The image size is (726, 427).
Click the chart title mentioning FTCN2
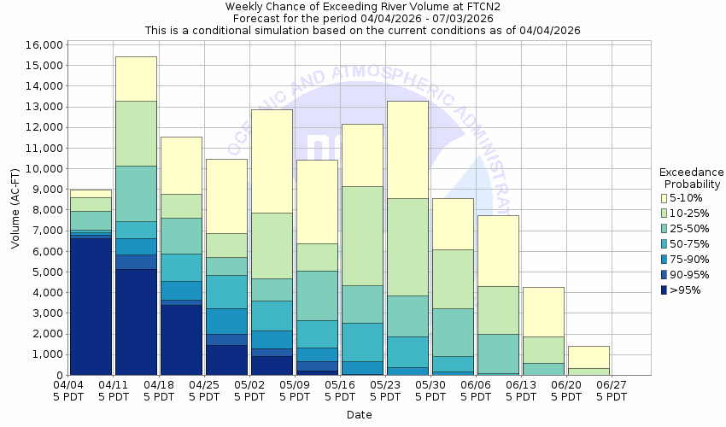[363, 7]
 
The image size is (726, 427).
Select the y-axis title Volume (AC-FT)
[15, 209]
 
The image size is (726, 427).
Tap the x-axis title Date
[360, 414]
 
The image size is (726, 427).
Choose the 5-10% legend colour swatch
[665, 197]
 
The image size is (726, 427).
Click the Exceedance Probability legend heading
[691, 178]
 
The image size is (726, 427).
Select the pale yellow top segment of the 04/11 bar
[136, 79]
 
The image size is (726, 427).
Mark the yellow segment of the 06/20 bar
[588, 357]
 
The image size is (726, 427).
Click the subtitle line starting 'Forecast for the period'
[363, 18]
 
